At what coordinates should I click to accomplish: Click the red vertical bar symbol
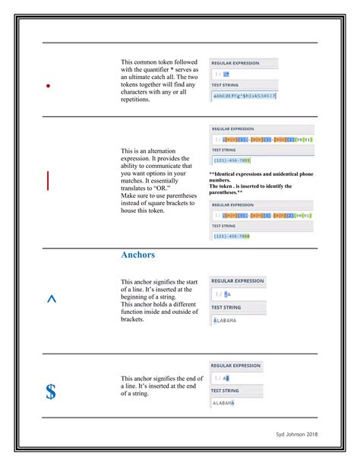48,180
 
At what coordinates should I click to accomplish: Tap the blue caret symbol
51,299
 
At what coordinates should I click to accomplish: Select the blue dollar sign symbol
50,392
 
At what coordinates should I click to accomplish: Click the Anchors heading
137,255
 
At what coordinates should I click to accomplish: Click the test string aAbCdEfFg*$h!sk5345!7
244,96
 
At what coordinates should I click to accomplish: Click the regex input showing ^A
227,293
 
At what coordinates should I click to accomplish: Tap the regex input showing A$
226,378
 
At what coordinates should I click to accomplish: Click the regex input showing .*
226,74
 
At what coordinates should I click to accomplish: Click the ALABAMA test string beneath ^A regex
225,320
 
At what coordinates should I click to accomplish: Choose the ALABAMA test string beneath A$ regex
224,403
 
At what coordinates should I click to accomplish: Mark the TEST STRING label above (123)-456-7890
226,226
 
